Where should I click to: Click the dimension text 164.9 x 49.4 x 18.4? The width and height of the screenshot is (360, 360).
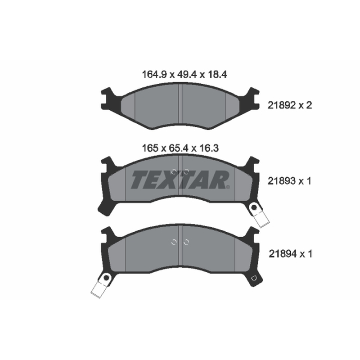click(184, 74)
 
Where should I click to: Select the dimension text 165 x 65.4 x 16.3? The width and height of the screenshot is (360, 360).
click(180, 148)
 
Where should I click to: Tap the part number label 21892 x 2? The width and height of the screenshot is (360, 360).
click(290, 105)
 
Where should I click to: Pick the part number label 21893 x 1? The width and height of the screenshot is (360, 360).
click(289, 181)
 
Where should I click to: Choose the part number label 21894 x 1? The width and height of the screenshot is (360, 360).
click(290, 254)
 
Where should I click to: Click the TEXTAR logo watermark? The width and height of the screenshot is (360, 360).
click(180, 180)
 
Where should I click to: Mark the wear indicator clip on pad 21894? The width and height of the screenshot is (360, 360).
click(101, 285)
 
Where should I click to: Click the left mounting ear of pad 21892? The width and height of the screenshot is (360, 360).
click(108, 99)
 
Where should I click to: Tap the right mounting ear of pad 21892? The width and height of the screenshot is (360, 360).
click(252, 99)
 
